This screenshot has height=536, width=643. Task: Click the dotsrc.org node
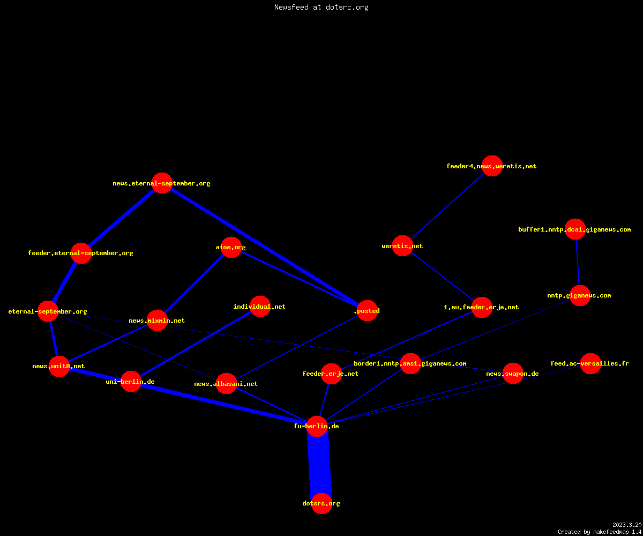click(322, 503)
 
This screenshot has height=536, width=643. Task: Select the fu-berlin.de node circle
click(317, 426)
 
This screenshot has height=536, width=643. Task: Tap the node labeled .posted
click(367, 310)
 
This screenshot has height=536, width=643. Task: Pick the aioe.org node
click(231, 247)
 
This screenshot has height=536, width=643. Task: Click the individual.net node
click(260, 306)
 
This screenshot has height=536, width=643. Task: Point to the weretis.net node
click(402, 246)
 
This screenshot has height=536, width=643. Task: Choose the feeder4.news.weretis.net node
click(492, 166)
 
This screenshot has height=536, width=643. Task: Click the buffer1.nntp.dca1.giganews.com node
click(575, 229)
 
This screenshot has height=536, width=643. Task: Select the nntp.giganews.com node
click(580, 295)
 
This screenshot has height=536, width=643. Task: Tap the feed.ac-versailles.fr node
click(590, 363)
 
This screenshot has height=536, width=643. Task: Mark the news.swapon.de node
click(513, 374)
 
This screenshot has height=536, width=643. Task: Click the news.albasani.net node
click(226, 384)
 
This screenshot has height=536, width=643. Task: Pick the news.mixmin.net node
click(157, 321)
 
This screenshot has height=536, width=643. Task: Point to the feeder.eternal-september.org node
click(81, 253)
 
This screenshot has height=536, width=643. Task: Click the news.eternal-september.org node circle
click(162, 183)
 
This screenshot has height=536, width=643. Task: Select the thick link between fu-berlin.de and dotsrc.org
click(319, 465)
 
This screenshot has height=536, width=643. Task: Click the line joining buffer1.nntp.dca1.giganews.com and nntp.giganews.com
click(578, 263)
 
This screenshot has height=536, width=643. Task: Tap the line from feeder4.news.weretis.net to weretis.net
click(447, 206)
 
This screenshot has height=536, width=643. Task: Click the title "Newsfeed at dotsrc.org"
click(321, 7)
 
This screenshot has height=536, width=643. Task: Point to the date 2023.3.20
click(627, 525)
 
